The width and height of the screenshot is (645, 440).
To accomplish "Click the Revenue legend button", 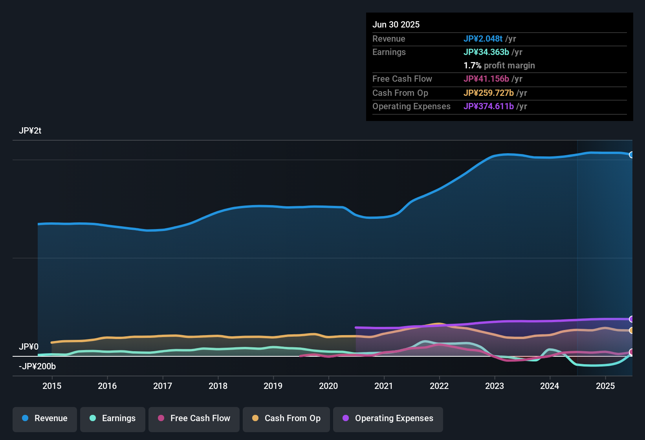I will [45, 418].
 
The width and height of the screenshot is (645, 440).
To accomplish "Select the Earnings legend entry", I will [113, 418].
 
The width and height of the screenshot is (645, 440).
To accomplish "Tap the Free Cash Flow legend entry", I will [194, 418].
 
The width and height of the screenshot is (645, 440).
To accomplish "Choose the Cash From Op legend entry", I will [286, 418].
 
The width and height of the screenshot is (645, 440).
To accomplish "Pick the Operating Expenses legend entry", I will [388, 418].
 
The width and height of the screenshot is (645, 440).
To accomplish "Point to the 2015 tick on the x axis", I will [52, 386].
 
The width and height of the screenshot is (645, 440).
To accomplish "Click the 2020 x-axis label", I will [328, 386].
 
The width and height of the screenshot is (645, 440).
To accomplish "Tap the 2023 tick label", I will [495, 386].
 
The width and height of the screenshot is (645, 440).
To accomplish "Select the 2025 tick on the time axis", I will [605, 386].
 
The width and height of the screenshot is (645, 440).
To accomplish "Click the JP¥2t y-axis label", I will [30, 131].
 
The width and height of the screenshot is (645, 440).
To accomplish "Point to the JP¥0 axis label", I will [29, 347].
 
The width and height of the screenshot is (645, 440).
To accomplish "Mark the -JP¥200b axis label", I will [37, 367].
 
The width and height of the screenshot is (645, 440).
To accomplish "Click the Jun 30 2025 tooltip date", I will [396, 25].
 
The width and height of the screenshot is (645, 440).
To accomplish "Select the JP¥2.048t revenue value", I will [483, 39].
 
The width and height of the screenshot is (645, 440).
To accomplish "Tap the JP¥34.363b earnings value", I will [486, 52].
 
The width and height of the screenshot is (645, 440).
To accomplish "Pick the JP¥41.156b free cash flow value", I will [486, 79].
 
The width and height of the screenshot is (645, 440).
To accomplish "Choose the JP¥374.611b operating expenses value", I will [489, 106].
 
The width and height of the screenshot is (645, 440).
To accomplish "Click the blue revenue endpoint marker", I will [631, 155].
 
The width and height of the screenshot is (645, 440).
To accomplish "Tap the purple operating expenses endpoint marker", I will [631, 319].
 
